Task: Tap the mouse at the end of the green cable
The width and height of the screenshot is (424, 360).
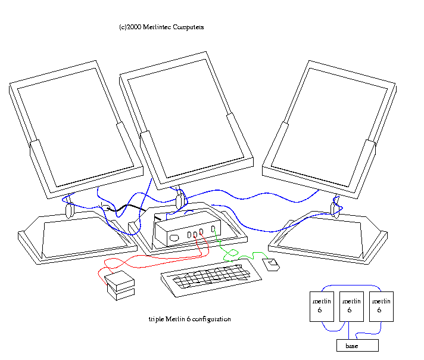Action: pos(273,264)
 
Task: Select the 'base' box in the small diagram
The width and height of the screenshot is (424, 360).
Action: pos(357,346)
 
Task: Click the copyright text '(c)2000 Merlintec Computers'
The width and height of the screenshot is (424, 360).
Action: pos(161,27)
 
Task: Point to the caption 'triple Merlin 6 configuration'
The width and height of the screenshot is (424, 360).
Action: pos(189,319)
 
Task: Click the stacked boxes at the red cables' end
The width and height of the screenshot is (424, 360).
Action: pos(120,285)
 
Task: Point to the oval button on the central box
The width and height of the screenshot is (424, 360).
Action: pos(174,238)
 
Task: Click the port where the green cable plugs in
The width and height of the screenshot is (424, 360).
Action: pos(213,229)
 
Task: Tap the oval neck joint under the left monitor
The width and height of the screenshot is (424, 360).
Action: pos(68,209)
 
